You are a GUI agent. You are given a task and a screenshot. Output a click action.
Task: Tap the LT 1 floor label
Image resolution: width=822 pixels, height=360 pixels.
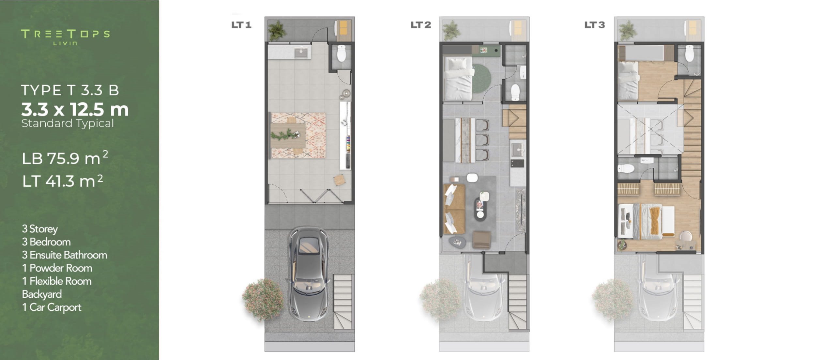(x=241, y=25)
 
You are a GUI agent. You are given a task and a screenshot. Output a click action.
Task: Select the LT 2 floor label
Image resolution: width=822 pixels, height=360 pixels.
(x=421, y=25)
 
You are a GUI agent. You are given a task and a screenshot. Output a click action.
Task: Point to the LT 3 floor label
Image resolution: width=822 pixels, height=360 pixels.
(x=595, y=25)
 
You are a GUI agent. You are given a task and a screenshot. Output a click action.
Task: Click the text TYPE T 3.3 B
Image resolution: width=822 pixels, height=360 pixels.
(x=70, y=90)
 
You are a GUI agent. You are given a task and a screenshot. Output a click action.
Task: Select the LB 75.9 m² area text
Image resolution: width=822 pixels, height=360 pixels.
(x=65, y=158)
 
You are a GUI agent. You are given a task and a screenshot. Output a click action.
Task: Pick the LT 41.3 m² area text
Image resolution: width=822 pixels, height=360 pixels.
(x=63, y=180)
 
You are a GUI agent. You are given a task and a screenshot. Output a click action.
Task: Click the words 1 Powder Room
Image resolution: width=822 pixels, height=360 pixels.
(x=57, y=268)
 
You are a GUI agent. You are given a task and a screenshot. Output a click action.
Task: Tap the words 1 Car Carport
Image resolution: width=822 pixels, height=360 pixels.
(x=52, y=307)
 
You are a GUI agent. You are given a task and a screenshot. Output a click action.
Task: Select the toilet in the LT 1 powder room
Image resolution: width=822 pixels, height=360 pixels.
(x=341, y=54)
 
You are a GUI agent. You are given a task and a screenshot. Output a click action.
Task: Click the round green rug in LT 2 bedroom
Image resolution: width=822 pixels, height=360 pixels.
(x=481, y=78)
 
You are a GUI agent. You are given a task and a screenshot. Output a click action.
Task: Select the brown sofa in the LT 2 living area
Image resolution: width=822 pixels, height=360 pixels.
(x=454, y=209)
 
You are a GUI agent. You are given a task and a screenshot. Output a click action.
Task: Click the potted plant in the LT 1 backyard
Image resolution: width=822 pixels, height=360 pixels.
(x=277, y=30)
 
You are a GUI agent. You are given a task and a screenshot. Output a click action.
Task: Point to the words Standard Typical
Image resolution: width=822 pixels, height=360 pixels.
(x=68, y=124)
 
